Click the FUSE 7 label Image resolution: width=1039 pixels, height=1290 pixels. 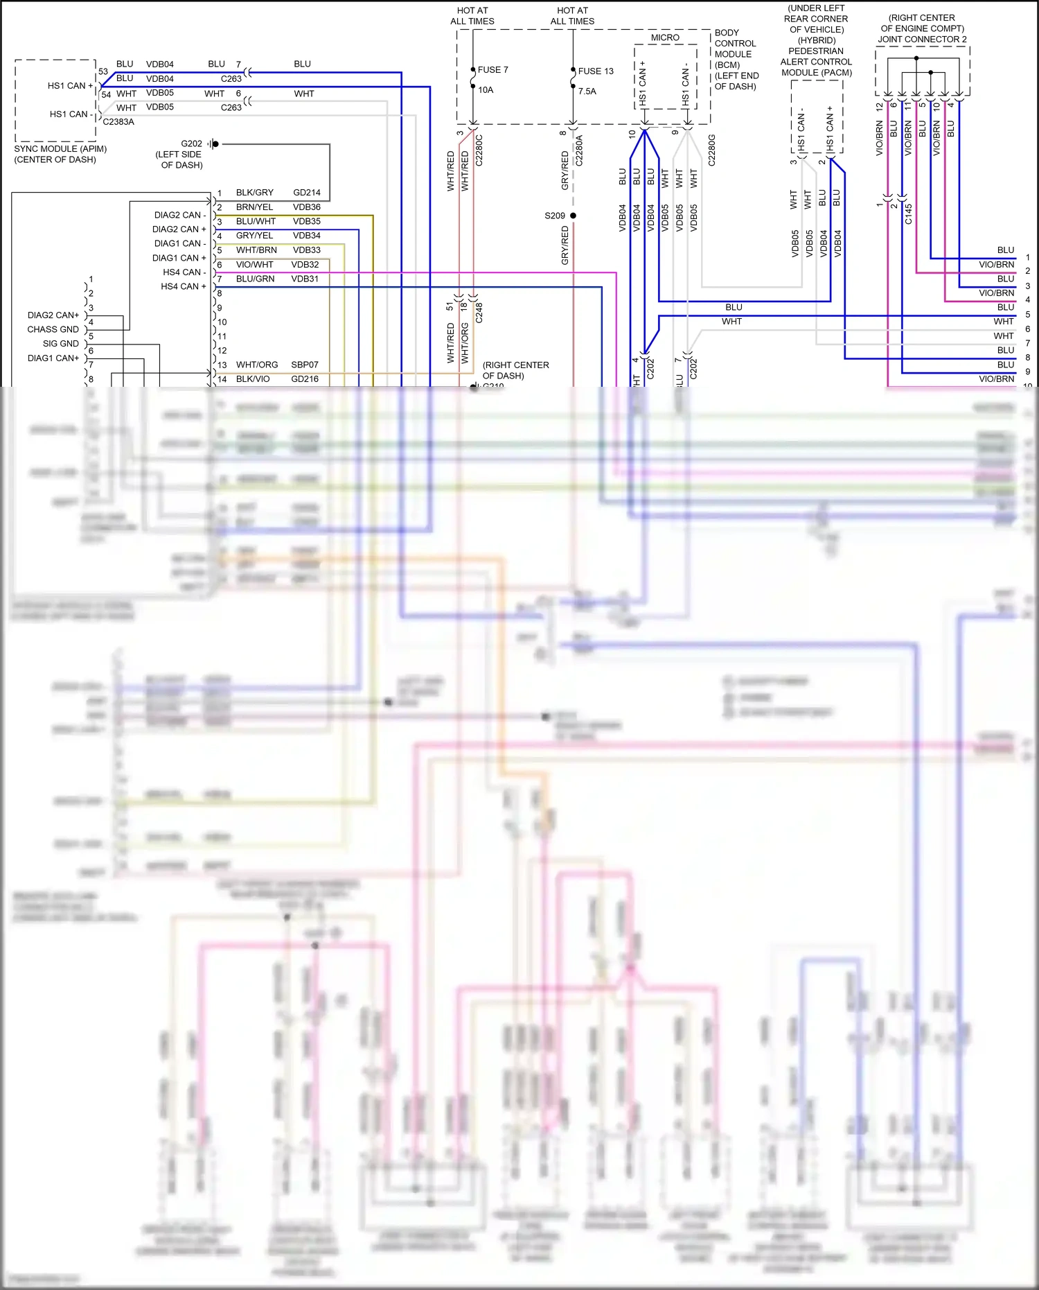[492, 70]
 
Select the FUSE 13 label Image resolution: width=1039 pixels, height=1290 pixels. [596, 71]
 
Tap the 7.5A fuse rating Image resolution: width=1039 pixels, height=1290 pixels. [587, 91]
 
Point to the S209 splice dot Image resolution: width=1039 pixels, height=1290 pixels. [573, 216]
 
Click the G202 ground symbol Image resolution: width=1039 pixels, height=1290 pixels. [214, 144]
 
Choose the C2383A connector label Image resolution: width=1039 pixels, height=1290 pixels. [118, 122]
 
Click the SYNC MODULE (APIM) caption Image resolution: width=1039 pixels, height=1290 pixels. [60, 149]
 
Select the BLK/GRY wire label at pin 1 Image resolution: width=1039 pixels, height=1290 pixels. [254, 193]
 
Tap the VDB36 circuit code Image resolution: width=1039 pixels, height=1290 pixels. [306, 207]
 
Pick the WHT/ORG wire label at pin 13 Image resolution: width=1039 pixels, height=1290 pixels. [256, 365]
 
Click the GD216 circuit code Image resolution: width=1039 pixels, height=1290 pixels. [305, 379]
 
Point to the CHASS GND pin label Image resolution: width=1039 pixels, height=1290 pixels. [53, 330]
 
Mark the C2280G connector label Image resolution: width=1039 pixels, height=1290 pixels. [711, 150]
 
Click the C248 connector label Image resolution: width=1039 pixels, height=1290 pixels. [479, 313]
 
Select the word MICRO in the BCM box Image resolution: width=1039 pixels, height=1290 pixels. [665, 38]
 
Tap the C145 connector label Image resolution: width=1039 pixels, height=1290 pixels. [909, 213]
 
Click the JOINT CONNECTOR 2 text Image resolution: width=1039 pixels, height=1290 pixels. [922, 40]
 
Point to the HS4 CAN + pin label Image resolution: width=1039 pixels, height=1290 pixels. [183, 286]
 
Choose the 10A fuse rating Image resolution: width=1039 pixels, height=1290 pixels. [486, 90]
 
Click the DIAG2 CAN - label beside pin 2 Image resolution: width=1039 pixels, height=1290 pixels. [179, 216]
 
